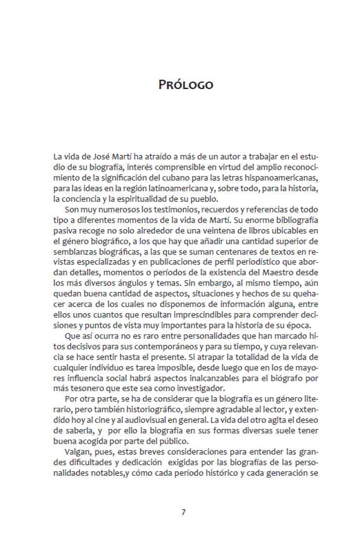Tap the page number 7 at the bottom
[x=183, y=512]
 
